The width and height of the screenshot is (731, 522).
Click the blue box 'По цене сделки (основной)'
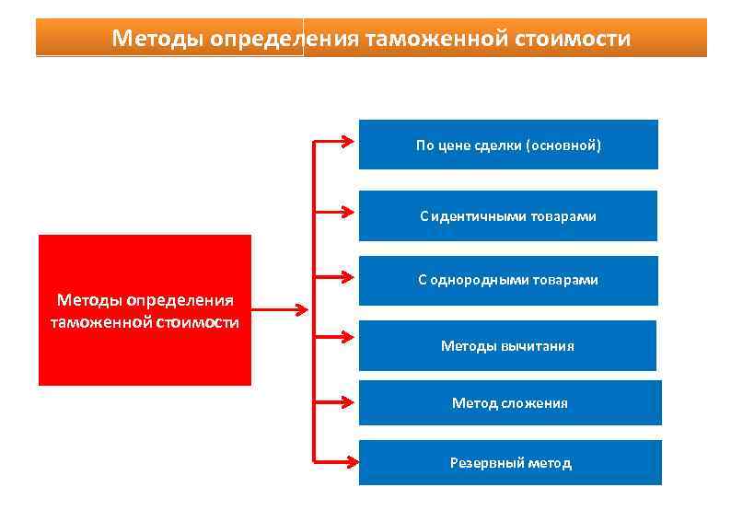(508, 144)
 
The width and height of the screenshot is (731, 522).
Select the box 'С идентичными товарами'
(508, 215)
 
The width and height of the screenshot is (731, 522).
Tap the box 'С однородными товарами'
(508, 280)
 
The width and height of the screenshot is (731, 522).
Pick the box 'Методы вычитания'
(507, 345)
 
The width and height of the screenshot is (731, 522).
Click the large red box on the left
(145, 309)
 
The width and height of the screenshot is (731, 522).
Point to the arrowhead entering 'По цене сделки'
(348, 143)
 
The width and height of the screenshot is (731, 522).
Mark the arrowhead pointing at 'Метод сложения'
(348, 402)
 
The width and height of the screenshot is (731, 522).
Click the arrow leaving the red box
(280, 310)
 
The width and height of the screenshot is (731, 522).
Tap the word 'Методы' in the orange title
(157, 39)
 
